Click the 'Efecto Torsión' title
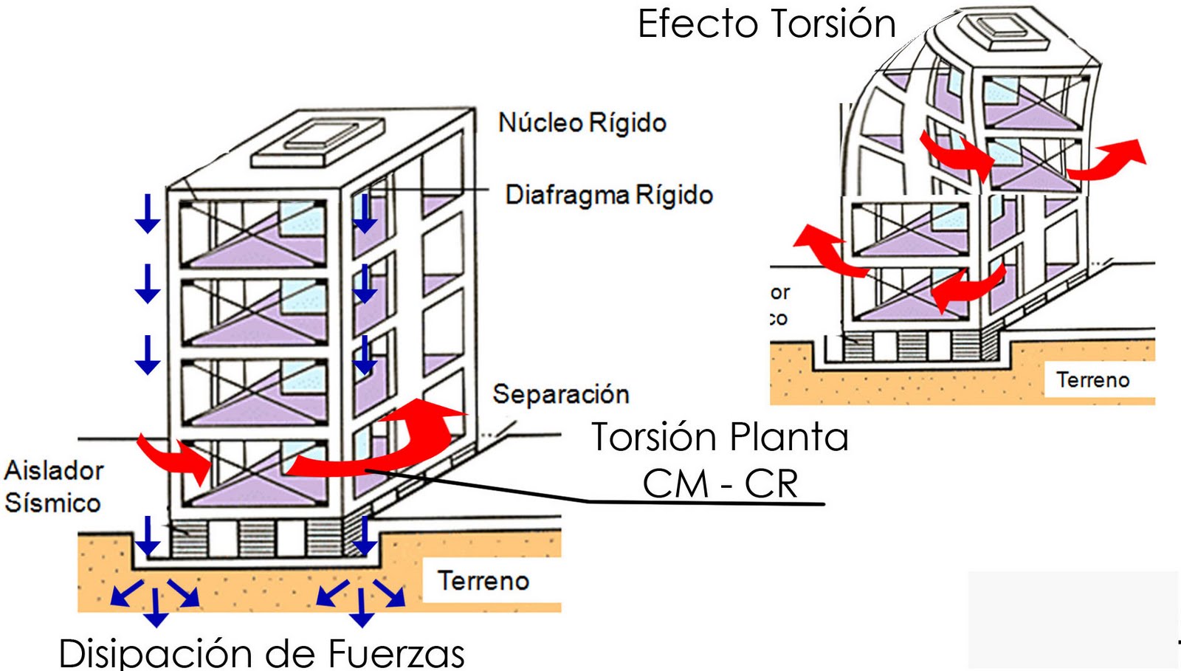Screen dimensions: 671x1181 (x=766, y=24)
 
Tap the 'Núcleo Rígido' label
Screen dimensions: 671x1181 (x=582, y=123)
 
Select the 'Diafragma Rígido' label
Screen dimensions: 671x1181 (x=609, y=195)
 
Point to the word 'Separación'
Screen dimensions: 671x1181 (x=561, y=394)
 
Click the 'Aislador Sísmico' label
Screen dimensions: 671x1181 (x=53, y=486)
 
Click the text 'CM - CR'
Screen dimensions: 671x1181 (x=720, y=484)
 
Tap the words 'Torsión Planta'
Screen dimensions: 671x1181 (x=720, y=437)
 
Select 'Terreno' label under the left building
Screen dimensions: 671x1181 (x=483, y=581)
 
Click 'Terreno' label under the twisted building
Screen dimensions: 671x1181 (x=1092, y=380)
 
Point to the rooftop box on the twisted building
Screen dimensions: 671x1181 (x=1004, y=31)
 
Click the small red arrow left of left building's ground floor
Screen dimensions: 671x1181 (x=173, y=458)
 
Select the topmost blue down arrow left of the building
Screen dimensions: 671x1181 (x=148, y=214)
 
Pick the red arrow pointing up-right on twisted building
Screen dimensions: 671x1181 (x=1107, y=159)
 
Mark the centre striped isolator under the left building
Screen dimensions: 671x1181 (x=257, y=538)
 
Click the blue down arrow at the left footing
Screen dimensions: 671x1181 (x=148, y=536)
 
